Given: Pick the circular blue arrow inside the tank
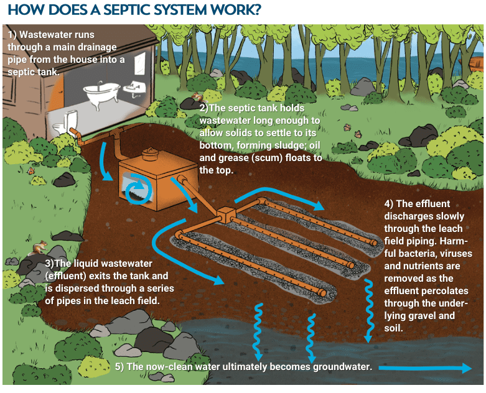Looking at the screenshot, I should (135, 192).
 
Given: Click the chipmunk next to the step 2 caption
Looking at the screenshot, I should (197, 97).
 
